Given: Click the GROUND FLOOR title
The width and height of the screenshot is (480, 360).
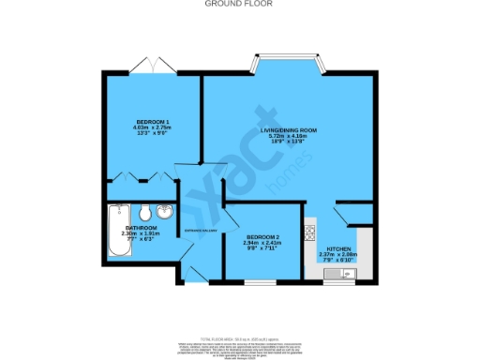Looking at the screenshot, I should [239, 4].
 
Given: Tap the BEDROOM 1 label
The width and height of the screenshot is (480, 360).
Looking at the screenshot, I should [152, 123].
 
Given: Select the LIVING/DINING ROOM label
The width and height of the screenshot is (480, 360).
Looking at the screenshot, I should [291, 131].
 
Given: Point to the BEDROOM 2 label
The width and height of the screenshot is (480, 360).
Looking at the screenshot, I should [262, 236].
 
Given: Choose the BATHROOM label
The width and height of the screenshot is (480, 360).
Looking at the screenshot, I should [141, 228].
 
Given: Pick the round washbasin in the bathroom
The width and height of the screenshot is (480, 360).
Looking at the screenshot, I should [165, 212].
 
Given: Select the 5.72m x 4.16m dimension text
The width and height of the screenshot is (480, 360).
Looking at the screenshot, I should [291, 137].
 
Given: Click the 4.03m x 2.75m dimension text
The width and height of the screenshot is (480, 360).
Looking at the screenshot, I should [152, 129].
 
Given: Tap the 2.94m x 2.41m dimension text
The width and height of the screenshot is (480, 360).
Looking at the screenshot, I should [262, 243].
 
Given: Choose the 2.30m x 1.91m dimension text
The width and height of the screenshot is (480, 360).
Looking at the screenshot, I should [141, 234].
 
